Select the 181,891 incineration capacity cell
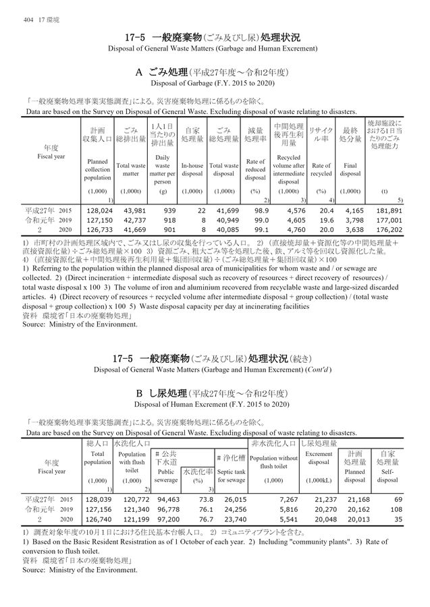coord(391,210)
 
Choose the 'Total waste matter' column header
coord(131,169)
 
